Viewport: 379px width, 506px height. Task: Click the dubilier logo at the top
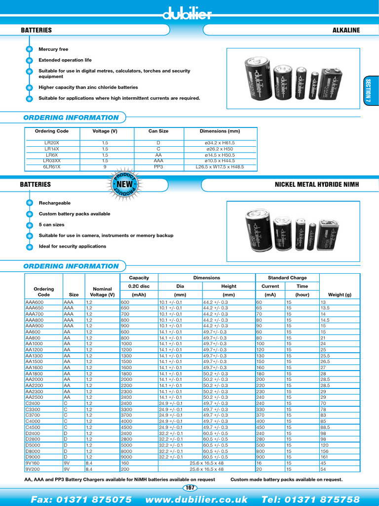click(188, 14)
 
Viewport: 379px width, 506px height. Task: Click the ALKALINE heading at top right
click(346, 30)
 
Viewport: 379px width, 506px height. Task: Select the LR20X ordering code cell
click(52, 143)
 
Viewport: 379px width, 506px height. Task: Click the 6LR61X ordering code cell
click(52, 167)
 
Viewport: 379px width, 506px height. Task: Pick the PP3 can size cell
click(158, 167)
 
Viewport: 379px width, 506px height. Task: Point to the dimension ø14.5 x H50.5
click(220, 155)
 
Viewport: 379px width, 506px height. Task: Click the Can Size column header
click(158, 131)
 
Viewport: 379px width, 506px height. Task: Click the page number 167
click(189, 488)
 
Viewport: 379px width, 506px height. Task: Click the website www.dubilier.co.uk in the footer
click(196, 499)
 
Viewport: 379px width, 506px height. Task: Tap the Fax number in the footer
click(81, 499)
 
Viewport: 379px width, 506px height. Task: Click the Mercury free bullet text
click(53, 49)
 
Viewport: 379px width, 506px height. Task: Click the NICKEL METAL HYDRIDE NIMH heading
click(316, 184)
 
